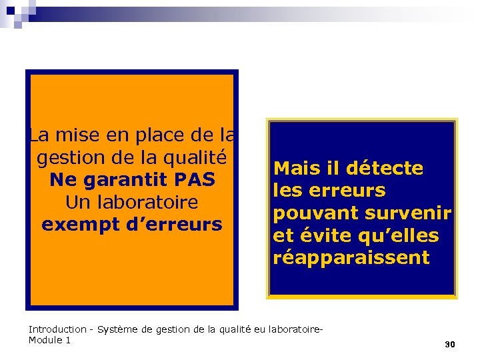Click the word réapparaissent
tap(351, 258)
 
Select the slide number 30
tap(449, 345)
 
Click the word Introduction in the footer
tap(57, 329)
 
